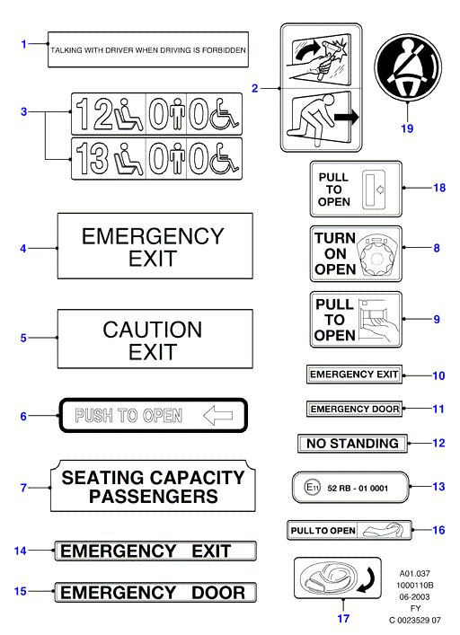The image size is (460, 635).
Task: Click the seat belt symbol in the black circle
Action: (408, 69)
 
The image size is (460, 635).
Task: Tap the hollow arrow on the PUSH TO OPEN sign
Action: (217, 416)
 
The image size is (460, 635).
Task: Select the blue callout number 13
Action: (438, 487)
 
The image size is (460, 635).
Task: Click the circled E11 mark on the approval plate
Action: (312, 487)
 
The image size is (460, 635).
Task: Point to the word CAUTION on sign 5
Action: (152, 330)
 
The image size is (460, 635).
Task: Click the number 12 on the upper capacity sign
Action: (93, 114)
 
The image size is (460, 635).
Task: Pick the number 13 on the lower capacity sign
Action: (93, 158)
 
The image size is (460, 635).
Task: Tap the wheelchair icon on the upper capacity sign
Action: (225, 114)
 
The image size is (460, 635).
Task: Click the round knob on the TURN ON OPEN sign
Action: (376, 259)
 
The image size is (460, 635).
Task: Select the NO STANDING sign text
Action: (352, 444)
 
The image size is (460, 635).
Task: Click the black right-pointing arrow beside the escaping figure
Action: (347, 118)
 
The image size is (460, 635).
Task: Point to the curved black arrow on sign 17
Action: (368, 579)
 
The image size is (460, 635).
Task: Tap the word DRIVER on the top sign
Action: (119, 50)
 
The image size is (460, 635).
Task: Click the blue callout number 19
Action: (407, 128)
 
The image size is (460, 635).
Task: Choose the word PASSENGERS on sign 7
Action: (154, 497)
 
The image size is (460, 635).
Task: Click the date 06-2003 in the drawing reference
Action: (414, 596)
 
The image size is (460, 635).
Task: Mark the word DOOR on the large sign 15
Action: (218, 593)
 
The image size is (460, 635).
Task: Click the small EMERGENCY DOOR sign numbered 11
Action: (354, 409)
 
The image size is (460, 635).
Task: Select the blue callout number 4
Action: (23, 248)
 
